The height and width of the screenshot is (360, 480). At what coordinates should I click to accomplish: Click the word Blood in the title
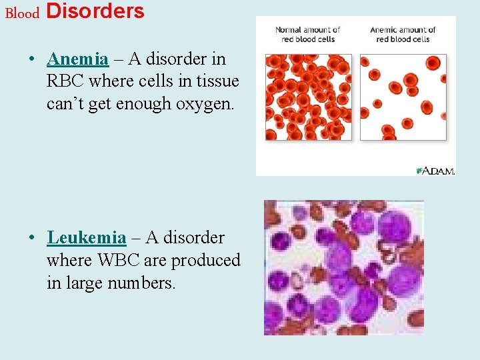point(22,13)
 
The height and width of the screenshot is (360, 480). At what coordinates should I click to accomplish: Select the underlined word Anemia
point(77,59)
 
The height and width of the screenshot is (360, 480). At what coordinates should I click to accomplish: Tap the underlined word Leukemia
point(86,238)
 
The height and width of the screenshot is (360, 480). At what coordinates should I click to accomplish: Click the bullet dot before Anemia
point(32,59)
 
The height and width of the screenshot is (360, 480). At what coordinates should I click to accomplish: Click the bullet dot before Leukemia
point(32,238)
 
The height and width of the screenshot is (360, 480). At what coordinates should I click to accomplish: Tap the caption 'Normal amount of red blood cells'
point(307,34)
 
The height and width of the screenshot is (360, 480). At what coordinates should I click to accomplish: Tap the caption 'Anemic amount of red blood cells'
point(402,34)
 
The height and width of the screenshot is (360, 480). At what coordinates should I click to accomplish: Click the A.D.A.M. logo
point(435,171)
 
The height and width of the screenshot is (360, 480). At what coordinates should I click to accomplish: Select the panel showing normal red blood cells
point(308,97)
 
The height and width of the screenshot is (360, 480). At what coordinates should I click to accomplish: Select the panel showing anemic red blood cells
point(403,97)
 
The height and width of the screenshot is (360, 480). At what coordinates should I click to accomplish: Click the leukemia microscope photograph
point(343,267)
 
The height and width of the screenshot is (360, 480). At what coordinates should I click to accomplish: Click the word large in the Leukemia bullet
point(88,283)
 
